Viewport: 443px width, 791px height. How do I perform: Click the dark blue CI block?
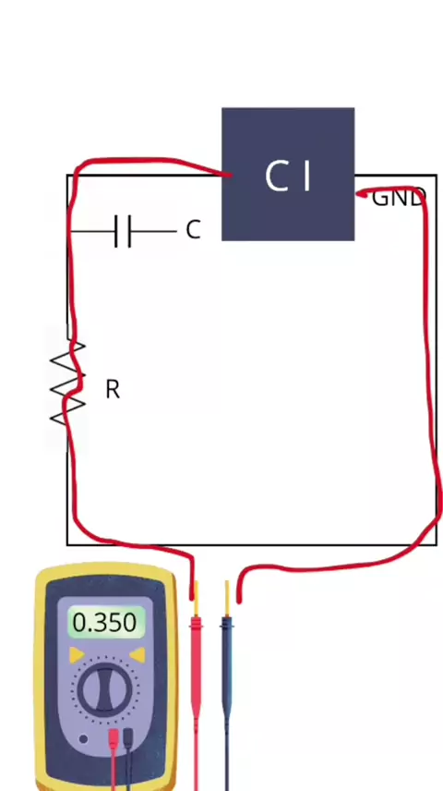288,174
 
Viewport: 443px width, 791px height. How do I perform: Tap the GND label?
399,198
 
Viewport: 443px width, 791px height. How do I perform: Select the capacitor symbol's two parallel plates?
123,231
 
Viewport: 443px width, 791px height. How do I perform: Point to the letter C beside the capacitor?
193,230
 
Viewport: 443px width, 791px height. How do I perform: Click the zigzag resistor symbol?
67,383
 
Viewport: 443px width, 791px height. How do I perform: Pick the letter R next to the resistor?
113,389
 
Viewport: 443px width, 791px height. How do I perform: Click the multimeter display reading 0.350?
105,622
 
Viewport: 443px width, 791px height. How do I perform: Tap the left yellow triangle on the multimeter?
76,655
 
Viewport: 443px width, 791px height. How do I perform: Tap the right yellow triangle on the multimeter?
138,655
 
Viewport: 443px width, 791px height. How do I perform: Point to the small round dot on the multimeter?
83,739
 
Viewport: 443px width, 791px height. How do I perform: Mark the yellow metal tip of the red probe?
196,599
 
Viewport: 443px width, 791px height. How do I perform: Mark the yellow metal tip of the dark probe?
227,599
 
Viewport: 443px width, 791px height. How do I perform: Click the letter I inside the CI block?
306,176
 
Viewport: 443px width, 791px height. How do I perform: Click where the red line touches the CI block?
229,175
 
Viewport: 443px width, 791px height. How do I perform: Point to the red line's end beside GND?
359,193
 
